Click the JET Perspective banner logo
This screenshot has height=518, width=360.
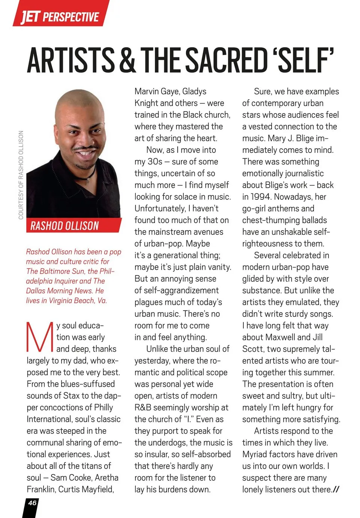click(x=60, y=16)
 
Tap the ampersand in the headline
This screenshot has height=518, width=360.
click(x=127, y=60)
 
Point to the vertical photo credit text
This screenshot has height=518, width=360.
click(x=21, y=175)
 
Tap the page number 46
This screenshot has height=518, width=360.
click(x=32, y=503)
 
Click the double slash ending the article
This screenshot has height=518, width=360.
click(x=336, y=490)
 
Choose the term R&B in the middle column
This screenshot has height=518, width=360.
click(x=143, y=407)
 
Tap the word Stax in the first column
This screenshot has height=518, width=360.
click(x=71, y=396)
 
